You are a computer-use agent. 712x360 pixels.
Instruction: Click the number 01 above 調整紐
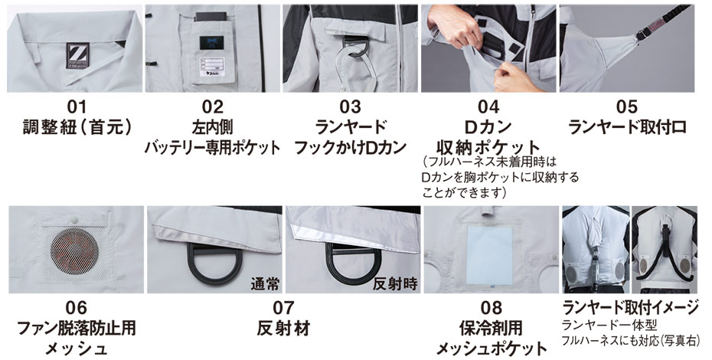click(x=77, y=106)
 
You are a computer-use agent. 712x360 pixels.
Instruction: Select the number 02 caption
click(x=213, y=106)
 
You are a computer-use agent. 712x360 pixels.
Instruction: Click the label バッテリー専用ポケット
click(x=213, y=147)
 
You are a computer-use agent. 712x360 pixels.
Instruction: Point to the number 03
click(x=351, y=106)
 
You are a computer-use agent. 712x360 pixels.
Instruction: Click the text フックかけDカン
click(x=350, y=147)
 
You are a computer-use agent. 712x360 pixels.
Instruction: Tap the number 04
click(x=488, y=106)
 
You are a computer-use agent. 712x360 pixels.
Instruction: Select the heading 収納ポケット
click(x=488, y=147)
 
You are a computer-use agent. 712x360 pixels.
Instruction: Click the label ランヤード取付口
click(x=627, y=127)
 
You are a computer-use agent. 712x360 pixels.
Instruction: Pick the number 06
click(x=77, y=308)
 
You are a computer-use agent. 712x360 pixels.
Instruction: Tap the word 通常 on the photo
click(x=265, y=284)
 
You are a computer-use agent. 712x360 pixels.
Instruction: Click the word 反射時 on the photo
click(x=395, y=284)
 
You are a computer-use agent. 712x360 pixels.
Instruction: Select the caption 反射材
click(x=283, y=328)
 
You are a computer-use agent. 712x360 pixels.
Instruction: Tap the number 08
click(x=492, y=308)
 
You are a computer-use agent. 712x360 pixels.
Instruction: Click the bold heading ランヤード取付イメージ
click(x=630, y=308)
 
